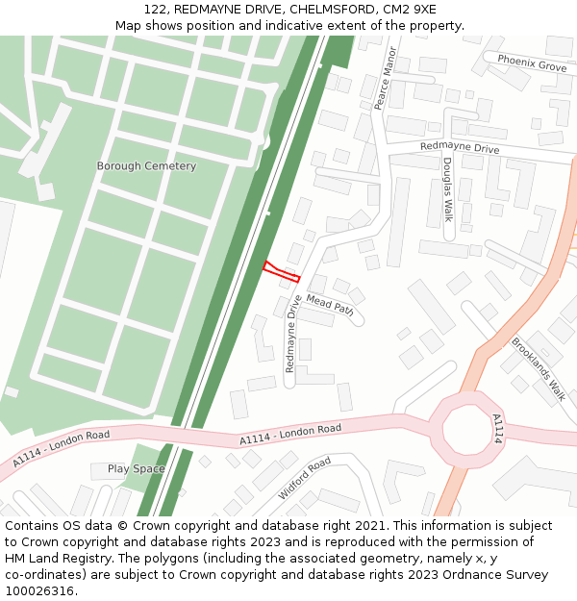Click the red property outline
281,271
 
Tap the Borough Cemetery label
146,166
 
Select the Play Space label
136,469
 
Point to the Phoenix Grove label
532,64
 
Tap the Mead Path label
330,306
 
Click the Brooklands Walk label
539,368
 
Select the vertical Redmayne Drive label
290,334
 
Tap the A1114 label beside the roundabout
497,428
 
